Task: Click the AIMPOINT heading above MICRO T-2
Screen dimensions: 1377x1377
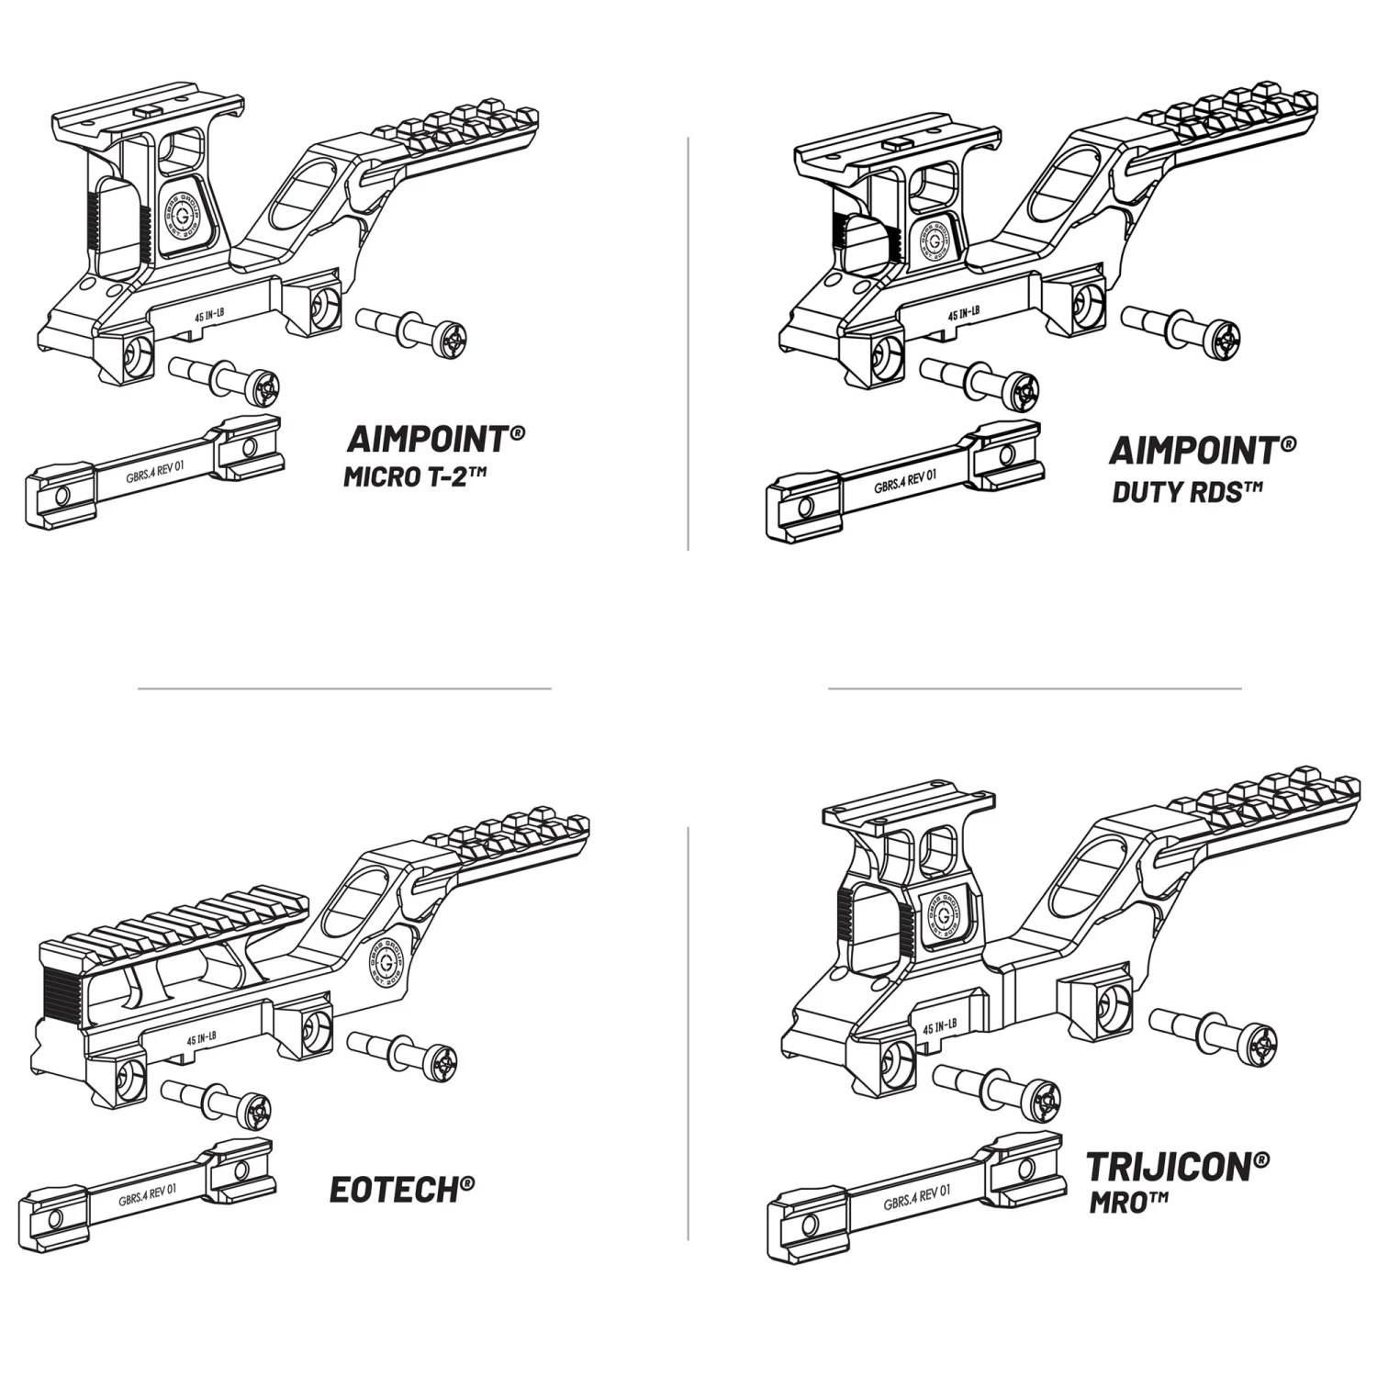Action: click(x=434, y=439)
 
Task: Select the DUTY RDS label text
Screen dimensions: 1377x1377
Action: click(x=1186, y=491)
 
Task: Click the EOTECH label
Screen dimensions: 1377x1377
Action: click(x=401, y=1190)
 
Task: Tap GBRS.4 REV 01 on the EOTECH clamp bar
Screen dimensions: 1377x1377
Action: click(x=148, y=1195)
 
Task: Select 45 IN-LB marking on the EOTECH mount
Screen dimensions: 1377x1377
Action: click(x=201, y=1039)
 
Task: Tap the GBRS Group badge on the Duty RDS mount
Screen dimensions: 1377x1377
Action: click(x=934, y=239)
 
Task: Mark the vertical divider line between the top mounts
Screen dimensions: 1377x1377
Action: click(x=688, y=344)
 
